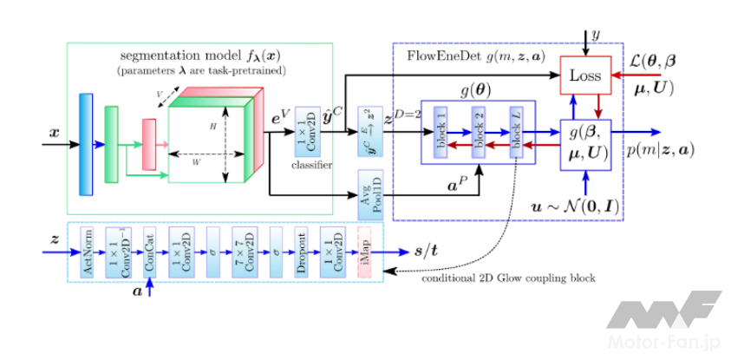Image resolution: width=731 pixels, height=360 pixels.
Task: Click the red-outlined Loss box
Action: [587, 75]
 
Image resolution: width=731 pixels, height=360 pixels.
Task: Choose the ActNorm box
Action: [88, 252]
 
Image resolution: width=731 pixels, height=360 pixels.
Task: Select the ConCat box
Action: [149, 252]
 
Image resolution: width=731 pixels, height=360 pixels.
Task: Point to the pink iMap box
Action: [364, 252]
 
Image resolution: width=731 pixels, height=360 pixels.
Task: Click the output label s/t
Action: [428, 252]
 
